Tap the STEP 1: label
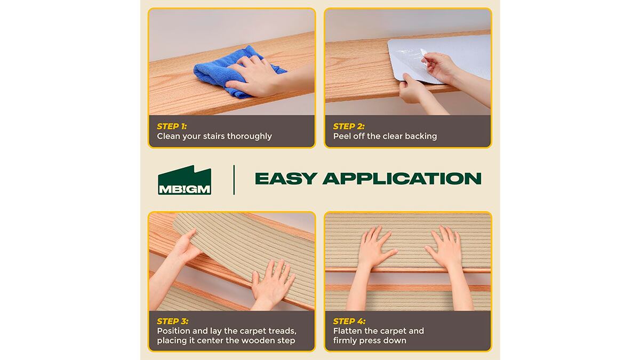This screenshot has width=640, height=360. point(172,126)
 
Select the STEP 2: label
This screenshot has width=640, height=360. point(349,126)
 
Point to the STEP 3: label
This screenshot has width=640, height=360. point(173,321)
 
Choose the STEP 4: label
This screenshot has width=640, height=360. point(349,321)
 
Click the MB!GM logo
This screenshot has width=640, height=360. point(185,180)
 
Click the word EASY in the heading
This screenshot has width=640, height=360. point(286,179)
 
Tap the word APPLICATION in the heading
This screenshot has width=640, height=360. point(402,179)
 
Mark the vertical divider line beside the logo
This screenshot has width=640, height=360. point(234,180)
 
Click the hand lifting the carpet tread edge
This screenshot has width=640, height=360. point(186,246)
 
